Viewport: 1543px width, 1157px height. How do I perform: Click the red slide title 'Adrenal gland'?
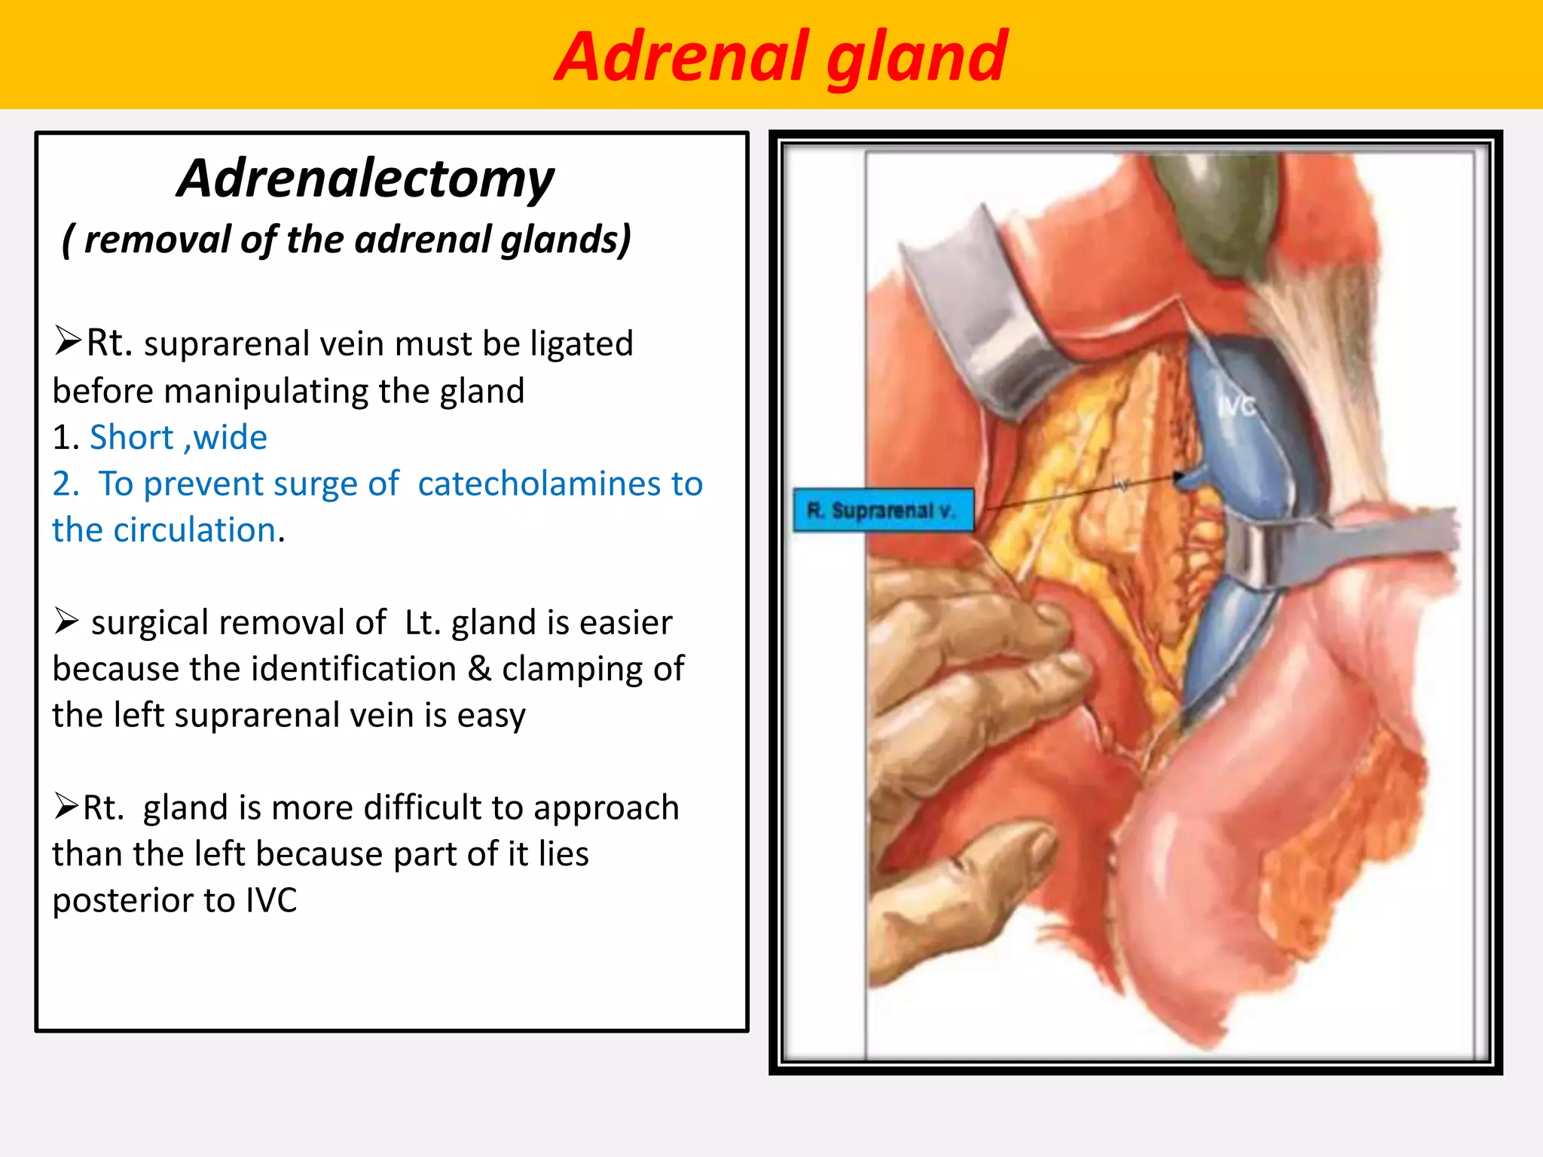781,56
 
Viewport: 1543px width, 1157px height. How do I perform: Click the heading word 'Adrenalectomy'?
365,179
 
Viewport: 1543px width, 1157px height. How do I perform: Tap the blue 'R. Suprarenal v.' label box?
883,511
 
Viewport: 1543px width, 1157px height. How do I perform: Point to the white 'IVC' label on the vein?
1236,407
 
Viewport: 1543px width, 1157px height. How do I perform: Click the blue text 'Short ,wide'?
178,438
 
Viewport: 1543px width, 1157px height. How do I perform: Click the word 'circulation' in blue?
194,530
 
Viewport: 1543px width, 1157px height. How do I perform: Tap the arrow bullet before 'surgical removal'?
66,621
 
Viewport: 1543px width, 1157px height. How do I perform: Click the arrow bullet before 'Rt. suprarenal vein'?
67,340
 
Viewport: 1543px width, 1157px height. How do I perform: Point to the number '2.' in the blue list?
66,484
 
